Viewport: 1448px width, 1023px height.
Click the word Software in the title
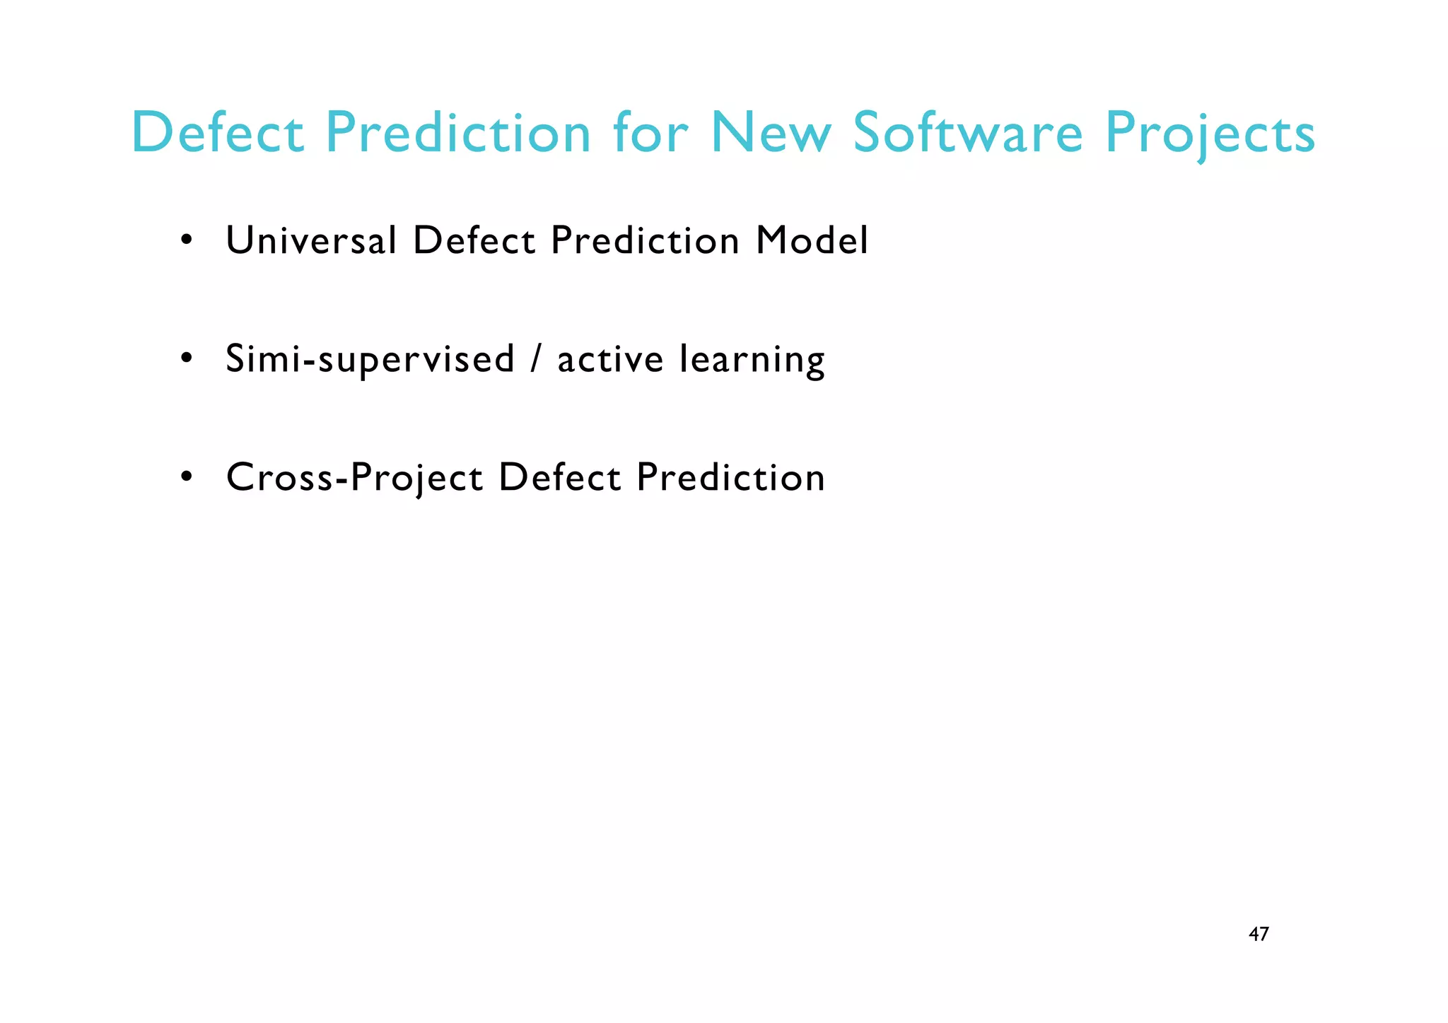coord(967,133)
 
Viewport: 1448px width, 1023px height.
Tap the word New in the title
coord(771,133)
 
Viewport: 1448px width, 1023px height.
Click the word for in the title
coord(650,133)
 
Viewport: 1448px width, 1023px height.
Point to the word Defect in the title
coord(218,133)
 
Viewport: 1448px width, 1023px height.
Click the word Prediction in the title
coord(457,133)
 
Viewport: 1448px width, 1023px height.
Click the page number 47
coord(1259,935)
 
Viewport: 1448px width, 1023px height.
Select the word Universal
coord(311,240)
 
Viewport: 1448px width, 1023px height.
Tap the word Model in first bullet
coord(812,240)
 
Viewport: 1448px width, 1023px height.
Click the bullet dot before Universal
coord(187,240)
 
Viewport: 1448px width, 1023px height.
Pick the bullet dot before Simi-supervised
coord(187,358)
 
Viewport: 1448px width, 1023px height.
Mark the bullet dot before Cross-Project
coord(187,477)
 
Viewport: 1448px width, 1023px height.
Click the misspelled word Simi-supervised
coord(370,359)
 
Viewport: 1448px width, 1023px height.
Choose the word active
coord(610,359)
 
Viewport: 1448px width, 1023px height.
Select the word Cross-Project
coord(354,478)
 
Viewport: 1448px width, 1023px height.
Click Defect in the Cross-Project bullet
coord(560,477)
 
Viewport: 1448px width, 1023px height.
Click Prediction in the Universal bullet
coord(645,240)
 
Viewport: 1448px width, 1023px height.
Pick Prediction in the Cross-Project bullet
coord(730,477)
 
